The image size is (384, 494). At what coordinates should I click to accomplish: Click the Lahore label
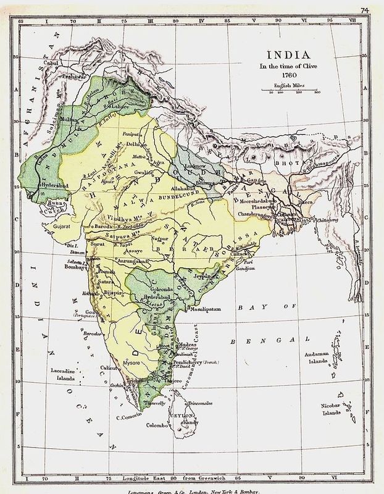point(120,88)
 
